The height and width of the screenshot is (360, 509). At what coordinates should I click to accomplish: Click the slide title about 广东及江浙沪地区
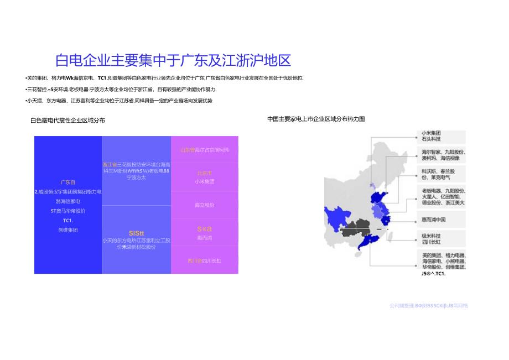[173, 60]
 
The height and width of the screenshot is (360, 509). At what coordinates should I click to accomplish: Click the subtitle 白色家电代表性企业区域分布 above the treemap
[67, 119]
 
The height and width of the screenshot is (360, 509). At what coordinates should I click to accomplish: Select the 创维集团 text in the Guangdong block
[68, 230]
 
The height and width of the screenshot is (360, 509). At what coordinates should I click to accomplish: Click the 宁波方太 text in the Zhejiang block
[136, 178]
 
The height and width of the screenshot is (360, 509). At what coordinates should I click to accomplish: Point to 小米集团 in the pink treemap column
[204, 181]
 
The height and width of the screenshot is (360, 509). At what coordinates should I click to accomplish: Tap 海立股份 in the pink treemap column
[204, 205]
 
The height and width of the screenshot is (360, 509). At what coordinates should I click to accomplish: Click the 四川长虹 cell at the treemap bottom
[204, 260]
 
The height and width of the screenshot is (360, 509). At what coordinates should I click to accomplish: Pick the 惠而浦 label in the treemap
[204, 238]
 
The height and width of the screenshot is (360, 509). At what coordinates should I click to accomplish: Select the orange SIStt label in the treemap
[136, 233]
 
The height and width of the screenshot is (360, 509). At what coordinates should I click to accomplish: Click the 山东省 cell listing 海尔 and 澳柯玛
[204, 150]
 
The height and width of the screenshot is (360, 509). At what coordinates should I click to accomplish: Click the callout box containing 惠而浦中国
[441, 220]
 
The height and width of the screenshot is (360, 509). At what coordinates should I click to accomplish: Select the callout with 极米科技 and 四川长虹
[441, 239]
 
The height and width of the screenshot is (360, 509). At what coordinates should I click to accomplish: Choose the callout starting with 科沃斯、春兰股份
[441, 175]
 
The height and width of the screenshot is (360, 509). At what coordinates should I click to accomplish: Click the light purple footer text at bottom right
[428, 305]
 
